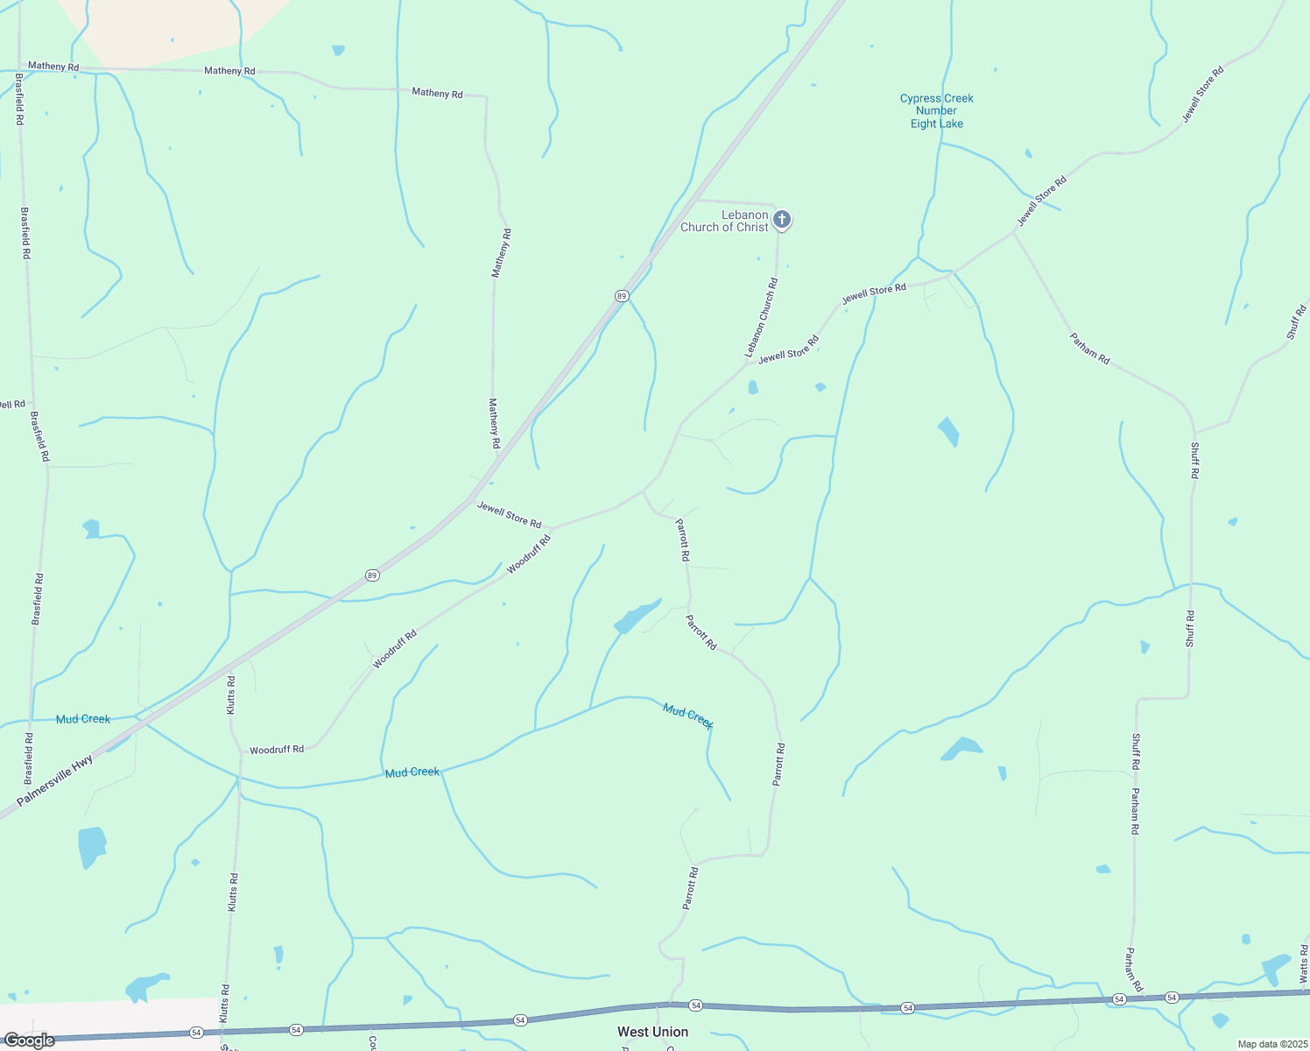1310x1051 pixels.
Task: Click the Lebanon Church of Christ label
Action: click(724, 221)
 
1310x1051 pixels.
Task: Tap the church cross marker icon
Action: click(782, 219)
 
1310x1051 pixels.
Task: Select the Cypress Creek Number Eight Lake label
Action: click(936, 111)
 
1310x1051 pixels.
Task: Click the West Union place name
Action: click(652, 1032)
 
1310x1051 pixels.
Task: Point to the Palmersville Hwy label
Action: click(54, 781)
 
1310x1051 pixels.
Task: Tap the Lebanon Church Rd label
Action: click(761, 317)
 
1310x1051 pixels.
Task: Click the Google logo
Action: click(29, 1040)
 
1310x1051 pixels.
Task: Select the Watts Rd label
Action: click(1303, 963)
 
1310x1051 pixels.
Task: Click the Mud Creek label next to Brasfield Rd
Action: click(83, 719)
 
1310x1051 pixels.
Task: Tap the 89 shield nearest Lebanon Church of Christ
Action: click(621, 296)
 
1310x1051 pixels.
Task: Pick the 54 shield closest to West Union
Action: click(695, 1005)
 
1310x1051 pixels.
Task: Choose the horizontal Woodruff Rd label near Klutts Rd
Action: click(277, 750)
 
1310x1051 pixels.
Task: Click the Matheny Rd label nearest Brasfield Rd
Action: click(53, 67)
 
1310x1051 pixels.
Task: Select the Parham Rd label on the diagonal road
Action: click(1090, 349)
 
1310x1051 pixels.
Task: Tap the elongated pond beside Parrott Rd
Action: click(637, 617)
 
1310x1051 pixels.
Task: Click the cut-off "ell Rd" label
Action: click(13, 404)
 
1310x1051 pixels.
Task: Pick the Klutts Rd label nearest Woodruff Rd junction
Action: click(231, 695)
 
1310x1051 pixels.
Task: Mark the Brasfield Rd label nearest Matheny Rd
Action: click(19, 99)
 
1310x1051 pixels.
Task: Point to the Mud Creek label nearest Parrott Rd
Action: click(688, 716)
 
